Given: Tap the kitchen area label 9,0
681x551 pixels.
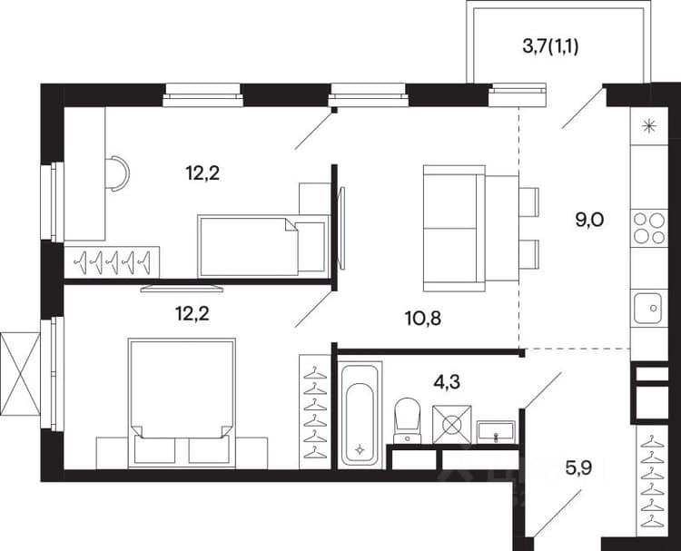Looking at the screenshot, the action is (x=589, y=221).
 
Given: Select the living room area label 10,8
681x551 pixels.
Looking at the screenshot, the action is (x=423, y=319).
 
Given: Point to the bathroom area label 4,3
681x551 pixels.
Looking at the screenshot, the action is (x=447, y=382).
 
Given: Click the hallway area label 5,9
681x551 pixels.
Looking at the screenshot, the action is (x=579, y=468).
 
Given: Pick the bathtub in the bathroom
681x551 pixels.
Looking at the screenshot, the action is (x=360, y=413).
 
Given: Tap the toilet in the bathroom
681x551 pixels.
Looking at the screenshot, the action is (x=408, y=421).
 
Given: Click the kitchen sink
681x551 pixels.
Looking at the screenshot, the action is (x=648, y=308).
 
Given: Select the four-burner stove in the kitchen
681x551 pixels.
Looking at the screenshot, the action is (x=649, y=228).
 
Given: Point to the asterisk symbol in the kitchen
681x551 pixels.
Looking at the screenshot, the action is (x=649, y=126).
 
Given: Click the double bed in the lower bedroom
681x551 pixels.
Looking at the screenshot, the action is (x=183, y=403).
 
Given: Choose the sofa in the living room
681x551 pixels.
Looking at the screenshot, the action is (x=454, y=229).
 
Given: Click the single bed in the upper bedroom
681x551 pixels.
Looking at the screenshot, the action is (x=262, y=246).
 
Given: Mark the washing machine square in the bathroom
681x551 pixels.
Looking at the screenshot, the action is (x=451, y=425).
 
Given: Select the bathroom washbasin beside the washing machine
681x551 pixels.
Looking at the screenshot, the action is (x=496, y=432).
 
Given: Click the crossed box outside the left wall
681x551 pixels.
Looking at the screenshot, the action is (x=20, y=374).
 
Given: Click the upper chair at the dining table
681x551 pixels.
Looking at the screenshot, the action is (x=529, y=202).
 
